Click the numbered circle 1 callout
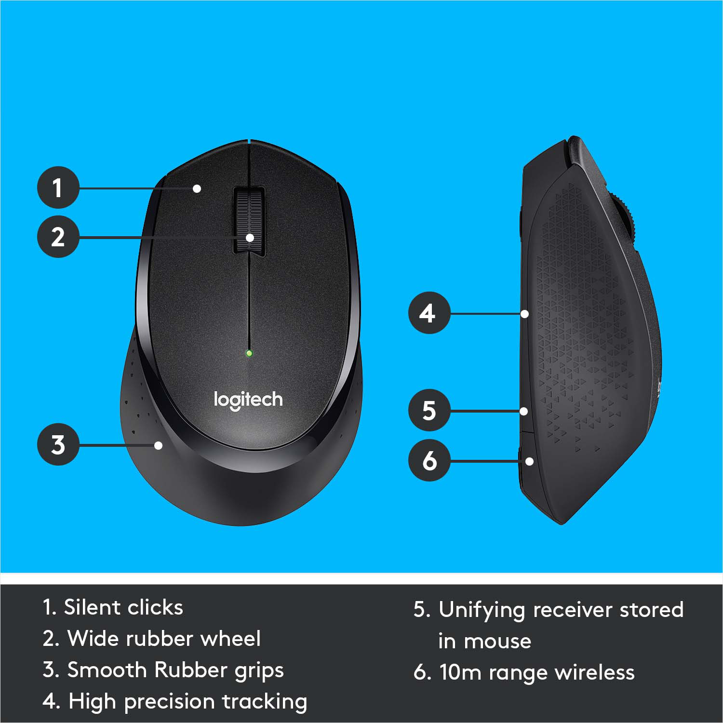pyautogui.click(x=58, y=187)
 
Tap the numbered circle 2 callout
pyautogui.click(x=58, y=237)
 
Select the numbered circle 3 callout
pyautogui.click(x=58, y=444)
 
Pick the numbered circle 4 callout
pyautogui.click(x=428, y=313)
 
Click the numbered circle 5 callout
pyautogui.click(x=428, y=411)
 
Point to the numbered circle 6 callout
pyautogui.click(x=428, y=461)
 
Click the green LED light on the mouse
pyautogui.click(x=249, y=353)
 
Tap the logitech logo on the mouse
pyautogui.click(x=248, y=400)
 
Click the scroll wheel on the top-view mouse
pyautogui.click(x=249, y=219)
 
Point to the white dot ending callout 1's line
pyautogui.click(x=197, y=188)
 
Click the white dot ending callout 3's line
pyautogui.click(x=158, y=445)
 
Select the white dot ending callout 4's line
pyautogui.click(x=525, y=314)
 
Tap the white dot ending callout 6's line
pyautogui.click(x=529, y=461)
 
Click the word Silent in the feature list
pyautogui.click(x=92, y=607)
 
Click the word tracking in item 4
pyautogui.click(x=265, y=702)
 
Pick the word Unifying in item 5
pyautogui.click(x=481, y=610)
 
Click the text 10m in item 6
pyautogui.click(x=460, y=673)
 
